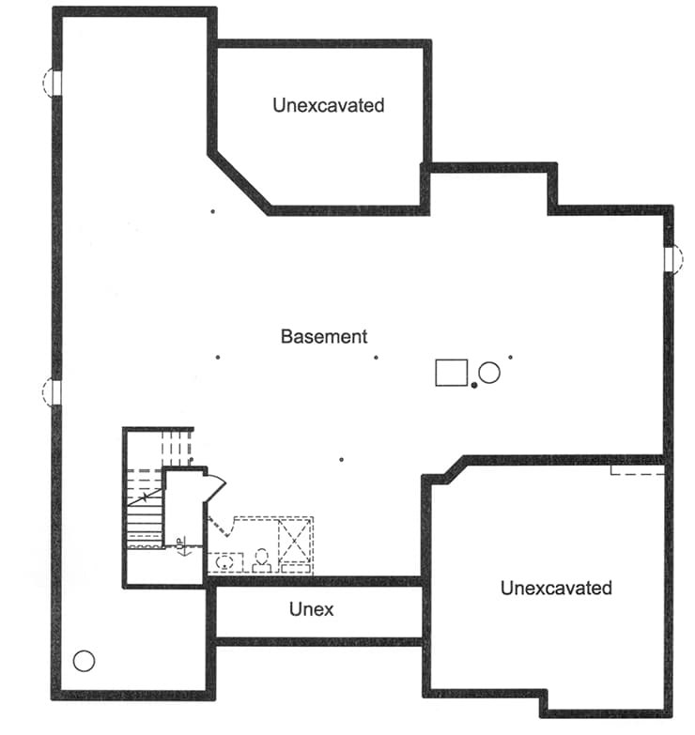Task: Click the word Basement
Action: pos(324,336)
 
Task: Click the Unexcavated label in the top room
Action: pos(329,105)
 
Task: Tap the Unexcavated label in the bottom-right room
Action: pos(556,589)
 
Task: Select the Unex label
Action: pos(311,609)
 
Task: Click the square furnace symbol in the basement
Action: pos(452,372)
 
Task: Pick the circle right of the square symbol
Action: pos(489,372)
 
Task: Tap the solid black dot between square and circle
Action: pos(475,384)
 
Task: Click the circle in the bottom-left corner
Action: pos(84,662)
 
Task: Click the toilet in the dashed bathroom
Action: pos(261,559)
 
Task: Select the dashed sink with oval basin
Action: pos(224,562)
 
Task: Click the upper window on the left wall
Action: pos(52,83)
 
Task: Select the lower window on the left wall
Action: pos(52,392)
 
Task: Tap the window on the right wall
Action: pos(671,258)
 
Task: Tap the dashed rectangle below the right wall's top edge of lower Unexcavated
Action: pos(637,467)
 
